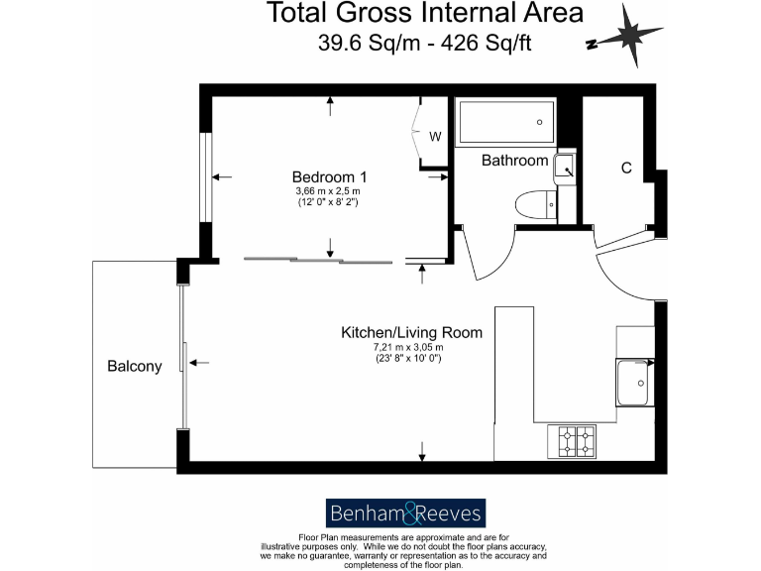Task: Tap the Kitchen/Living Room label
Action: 411,332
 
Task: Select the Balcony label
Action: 134,367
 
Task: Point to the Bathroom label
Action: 514,160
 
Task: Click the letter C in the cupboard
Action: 626,168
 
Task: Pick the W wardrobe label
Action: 435,136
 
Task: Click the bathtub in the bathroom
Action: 505,123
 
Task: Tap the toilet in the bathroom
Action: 535,202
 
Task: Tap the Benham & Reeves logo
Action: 405,513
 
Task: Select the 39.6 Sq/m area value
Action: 363,44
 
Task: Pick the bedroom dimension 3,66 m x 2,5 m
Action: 327,191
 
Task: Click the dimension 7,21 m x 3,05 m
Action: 407,347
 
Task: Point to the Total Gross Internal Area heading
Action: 423,15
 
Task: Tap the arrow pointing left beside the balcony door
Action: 199,363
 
